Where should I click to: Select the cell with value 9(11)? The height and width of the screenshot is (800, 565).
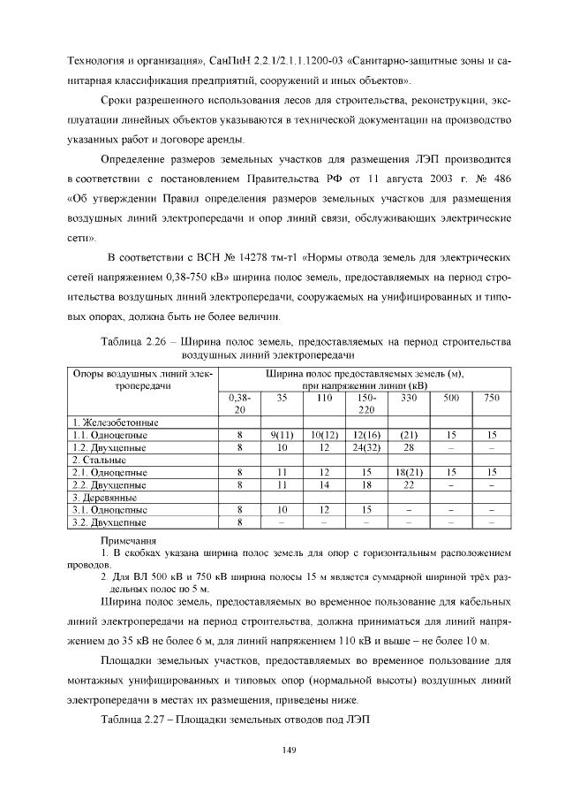pos(282,435)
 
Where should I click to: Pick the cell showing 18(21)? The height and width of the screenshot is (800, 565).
pos(409,472)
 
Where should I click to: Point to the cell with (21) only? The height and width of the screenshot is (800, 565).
pos(409,435)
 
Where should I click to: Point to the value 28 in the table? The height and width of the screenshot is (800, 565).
pos(409,447)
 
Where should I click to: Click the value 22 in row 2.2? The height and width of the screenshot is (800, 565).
pos(409,484)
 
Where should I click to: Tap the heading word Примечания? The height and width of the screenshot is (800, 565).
pos(129,539)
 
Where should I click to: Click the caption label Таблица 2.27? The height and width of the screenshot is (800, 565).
pos(135,718)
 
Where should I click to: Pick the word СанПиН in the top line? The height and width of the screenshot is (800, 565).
pos(232,60)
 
